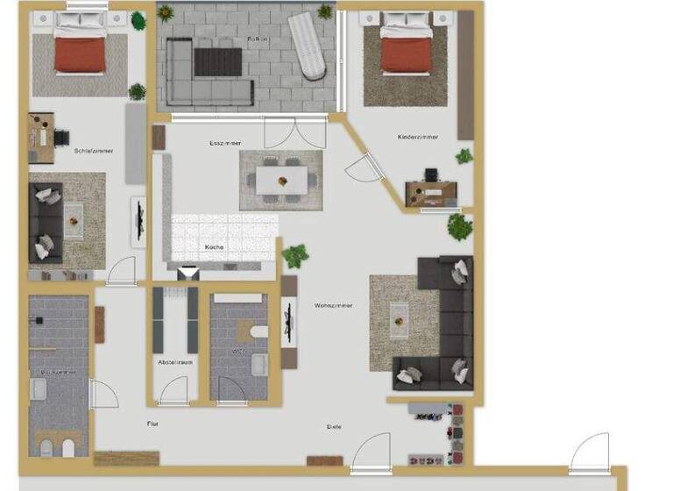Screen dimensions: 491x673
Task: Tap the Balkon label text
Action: [257, 39]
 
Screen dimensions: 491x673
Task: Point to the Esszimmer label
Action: [225, 143]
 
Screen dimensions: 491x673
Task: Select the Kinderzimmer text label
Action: [418, 138]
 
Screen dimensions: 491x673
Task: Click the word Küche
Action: [215, 247]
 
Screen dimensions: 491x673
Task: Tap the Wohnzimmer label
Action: [333, 305]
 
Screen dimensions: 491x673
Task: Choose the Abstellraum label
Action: [175, 361]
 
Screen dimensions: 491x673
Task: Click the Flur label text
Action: [152, 423]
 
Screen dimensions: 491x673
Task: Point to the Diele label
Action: [334, 427]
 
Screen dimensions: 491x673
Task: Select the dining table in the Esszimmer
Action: [282, 181]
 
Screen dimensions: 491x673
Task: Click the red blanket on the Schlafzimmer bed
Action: [81, 54]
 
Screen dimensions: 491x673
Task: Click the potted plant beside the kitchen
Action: [294, 255]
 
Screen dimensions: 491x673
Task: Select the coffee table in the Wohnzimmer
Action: [400, 319]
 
